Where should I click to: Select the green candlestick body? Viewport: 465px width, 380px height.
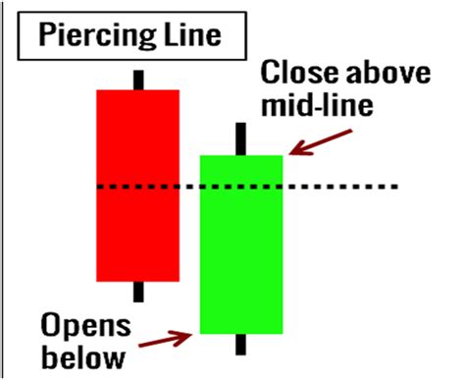click(x=241, y=244)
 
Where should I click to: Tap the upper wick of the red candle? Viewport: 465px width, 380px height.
click(x=138, y=80)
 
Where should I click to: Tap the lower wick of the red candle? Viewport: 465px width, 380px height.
click(x=138, y=292)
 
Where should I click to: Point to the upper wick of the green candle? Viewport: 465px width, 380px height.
click(x=241, y=138)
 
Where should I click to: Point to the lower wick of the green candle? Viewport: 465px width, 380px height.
click(x=241, y=345)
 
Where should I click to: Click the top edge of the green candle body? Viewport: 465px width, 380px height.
click(x=241, y=155)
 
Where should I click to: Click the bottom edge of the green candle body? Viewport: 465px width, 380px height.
click(x=241, y=334)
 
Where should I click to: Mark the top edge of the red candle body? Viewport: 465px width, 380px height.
click(x=137, y=90)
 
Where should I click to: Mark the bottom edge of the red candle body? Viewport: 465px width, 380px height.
click(x=137, y=281)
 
